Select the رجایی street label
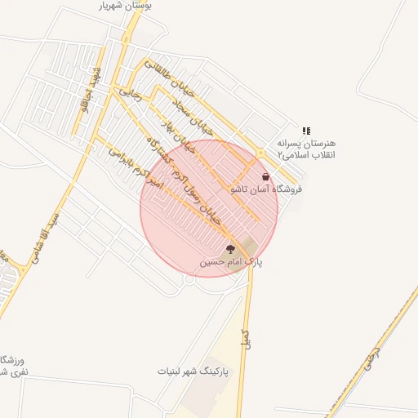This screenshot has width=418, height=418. coord(131,96)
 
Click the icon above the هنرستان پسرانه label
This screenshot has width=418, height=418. coord(306,131)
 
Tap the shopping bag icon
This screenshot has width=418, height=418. coord(266,177)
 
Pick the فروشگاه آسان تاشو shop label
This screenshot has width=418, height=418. coord(266,189)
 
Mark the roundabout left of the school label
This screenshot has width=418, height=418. coord(260,153)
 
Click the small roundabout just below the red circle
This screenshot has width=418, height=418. coord(189,279)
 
